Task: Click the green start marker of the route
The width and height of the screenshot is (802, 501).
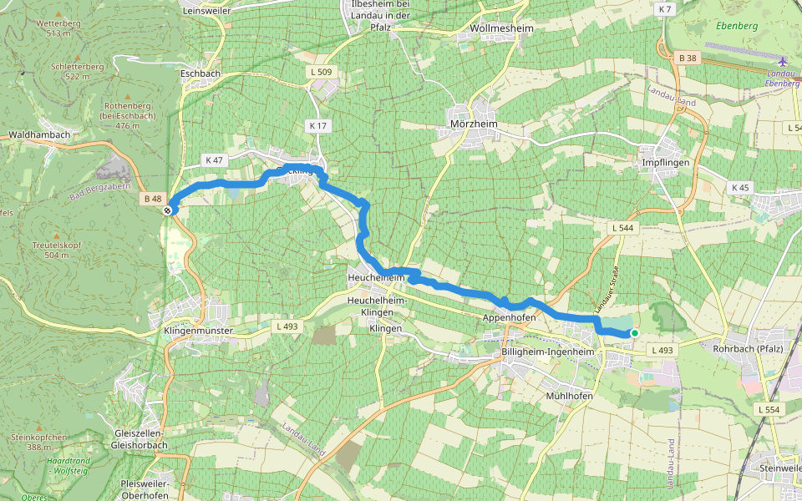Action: pyautogui.click(x=635, y=333)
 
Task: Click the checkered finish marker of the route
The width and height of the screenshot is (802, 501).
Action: pyautogui.click(x=168, y=210)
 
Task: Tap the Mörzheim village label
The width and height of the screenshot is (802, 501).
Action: pyautogui.click(x=473, y=124)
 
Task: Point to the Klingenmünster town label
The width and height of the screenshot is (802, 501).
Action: pyautogui.click(x=195, y=331)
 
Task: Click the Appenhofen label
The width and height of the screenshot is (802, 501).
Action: pyautogui.click(x=509, y=317)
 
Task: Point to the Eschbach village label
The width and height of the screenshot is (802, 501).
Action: pyautogui.click(x=200, y=73)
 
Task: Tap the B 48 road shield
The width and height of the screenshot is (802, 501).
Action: pyautogui.click(x=152, y=199)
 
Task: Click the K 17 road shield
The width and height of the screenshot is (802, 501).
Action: pyautogui.click(x=317, y=125)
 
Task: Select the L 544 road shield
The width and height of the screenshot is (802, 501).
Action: pyautogui.click(x=622, y=227)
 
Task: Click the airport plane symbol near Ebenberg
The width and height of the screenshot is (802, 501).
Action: pyautogui.click(x=782, y=62)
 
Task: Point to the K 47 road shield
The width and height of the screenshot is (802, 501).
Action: pyautogui.click(x=215, y=159)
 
